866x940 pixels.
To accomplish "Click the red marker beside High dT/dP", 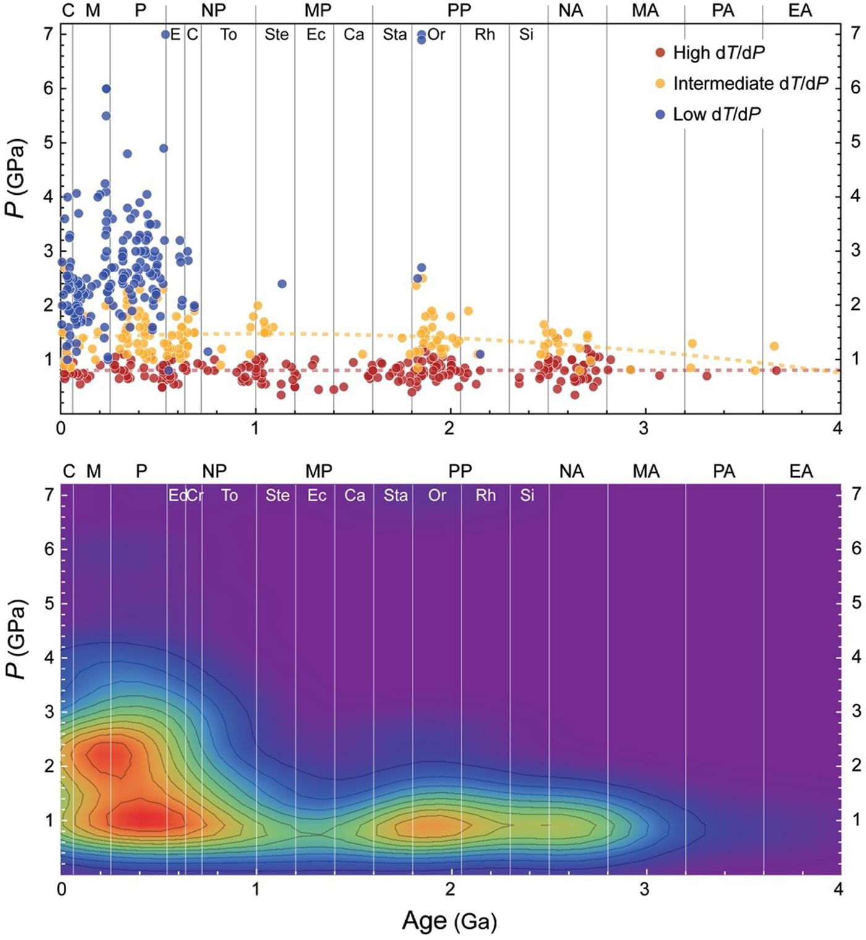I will [660, 53].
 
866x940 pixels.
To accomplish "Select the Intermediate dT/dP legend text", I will [750, 83].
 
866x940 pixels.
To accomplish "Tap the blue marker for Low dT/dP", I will [660, 114].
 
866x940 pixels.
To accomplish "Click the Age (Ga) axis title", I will [450, 921].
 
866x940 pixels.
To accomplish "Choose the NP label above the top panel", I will [213, 11].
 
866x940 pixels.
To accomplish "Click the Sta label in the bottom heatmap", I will [395, 495].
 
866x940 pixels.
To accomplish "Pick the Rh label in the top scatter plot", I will [485, 35].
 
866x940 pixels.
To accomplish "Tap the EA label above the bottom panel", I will [800, 471].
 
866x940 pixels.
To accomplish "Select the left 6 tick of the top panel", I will [48, 88].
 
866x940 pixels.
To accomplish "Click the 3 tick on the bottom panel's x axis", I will [645, 889].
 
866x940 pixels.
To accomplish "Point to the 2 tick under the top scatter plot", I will [449, 428].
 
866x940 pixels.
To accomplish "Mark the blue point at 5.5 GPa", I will [106, 116].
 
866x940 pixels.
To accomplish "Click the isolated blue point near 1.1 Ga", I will [282, 284].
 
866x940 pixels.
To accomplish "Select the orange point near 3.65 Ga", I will [774, 346].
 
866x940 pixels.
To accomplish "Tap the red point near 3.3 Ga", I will [706, 375].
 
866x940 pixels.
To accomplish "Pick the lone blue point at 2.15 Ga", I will [479, 354].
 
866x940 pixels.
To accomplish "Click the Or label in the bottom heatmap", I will [437, 495].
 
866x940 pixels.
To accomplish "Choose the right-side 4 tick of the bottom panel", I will [856, 657].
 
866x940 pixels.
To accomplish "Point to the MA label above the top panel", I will [645, 11].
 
